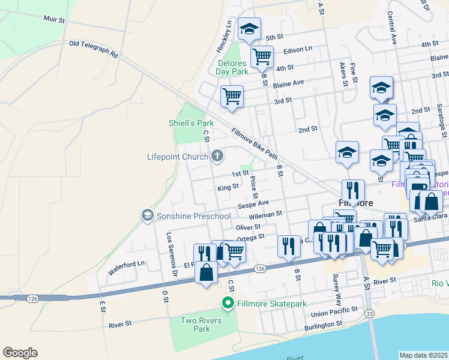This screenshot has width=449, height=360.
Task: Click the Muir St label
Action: point(54,20)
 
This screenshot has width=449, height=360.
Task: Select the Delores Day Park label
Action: point(232,67)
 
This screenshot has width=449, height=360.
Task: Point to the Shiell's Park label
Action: point(187,123)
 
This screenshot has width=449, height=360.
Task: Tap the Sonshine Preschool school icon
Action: point(146,215)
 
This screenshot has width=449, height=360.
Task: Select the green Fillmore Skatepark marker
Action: point(228,304)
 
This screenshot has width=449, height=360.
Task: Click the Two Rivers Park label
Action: point(201,325)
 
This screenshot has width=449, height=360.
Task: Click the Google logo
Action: point(20,353)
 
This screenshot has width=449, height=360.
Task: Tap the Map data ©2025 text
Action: point(423,355)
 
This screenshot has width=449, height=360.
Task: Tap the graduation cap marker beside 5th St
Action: point(249,29)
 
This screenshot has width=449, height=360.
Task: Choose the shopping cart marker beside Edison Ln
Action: point(262,57)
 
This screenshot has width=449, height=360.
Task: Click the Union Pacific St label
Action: point(333,312)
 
